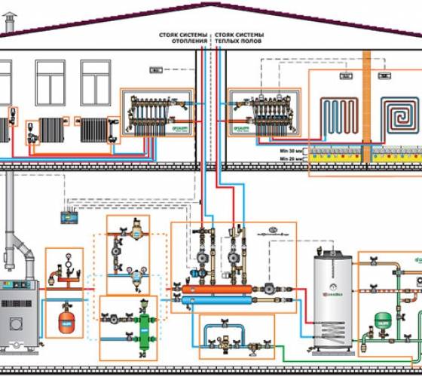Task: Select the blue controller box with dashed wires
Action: point(74,217)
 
